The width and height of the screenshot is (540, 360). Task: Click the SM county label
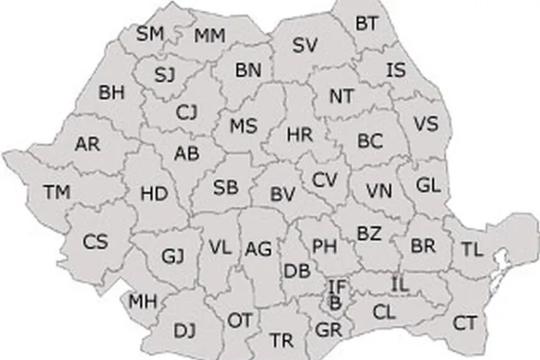click(150, 33)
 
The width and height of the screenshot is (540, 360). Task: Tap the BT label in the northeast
click(366, 23)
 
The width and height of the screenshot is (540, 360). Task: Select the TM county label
click(57, 192)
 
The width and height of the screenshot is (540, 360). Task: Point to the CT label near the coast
click(464, 322)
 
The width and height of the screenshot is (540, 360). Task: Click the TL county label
click(472, 250)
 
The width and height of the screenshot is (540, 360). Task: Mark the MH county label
click(143, 300)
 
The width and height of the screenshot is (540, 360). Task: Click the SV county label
click(305, 45)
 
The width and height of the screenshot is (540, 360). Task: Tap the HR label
click(299, 134)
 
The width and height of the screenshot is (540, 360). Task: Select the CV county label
click(325, 179)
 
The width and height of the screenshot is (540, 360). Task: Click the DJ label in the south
click(185, 330)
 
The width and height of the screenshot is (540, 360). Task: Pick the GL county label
click(428, 185)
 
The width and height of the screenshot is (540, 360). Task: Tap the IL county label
click(400, 284)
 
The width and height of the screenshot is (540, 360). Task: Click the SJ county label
click(165, 74)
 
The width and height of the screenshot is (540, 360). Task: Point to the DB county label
click(297, 271)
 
